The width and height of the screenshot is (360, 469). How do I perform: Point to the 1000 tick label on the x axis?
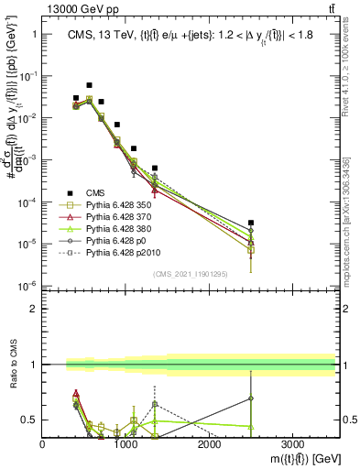click(125, 443)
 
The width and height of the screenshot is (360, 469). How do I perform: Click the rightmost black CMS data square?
click(251, 223)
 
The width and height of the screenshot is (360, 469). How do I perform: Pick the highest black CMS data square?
click(89, 85)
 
